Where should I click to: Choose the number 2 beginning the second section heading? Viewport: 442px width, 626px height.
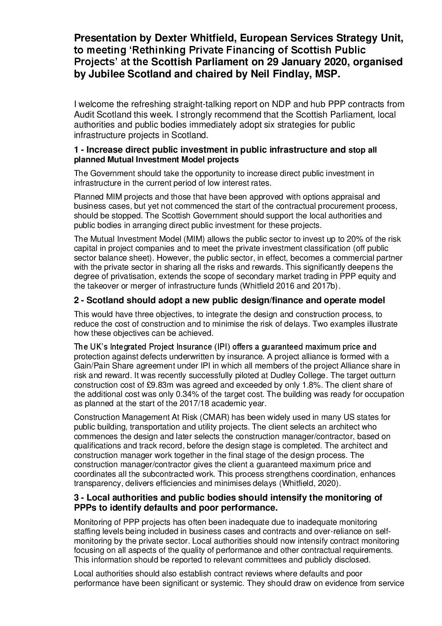tap(76, 300)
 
